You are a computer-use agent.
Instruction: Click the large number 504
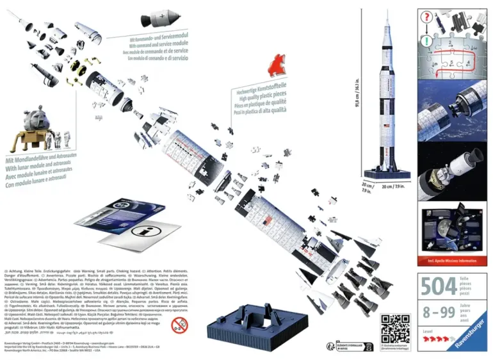click(438, 286)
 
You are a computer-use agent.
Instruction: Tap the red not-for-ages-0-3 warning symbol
click(180, 326)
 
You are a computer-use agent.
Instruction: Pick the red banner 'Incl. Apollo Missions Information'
click(451, 261)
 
